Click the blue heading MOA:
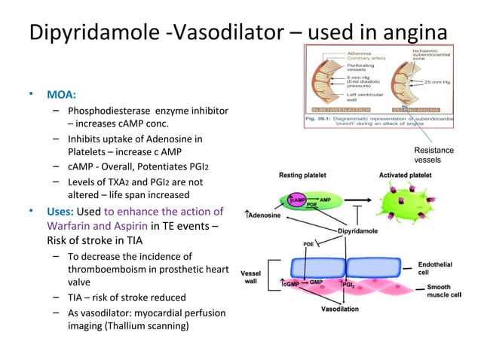pyautogui.click(x=61, y=96)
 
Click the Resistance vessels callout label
pyautogui.click(x=434, y=156)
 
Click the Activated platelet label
pyautogui.click(x=408, y=175)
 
